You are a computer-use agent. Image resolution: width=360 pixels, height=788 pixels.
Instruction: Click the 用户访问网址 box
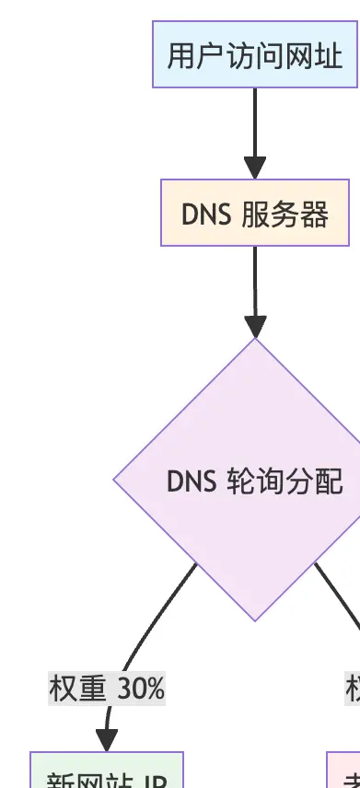255,56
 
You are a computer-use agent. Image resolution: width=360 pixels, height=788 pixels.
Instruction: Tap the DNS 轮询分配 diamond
255,480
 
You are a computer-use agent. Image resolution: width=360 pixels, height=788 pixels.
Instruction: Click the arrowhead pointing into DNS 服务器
255,168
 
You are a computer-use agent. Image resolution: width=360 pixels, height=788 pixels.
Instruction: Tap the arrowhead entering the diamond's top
255,326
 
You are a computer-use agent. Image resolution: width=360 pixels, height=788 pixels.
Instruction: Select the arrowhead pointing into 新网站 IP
107,739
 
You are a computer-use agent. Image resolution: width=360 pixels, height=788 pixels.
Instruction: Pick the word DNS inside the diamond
192,481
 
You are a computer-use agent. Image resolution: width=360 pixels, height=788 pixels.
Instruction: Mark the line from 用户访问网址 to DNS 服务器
255,120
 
